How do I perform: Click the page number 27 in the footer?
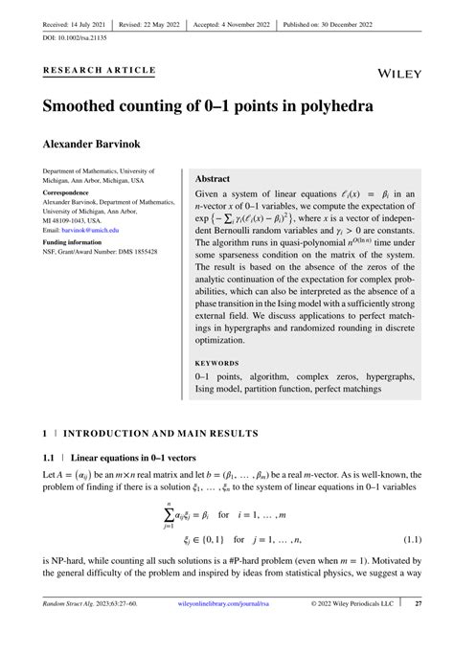click(x=419, y=631)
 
